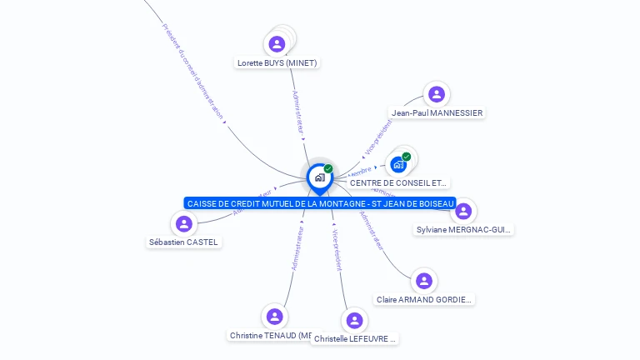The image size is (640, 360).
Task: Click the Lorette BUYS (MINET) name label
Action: [277, 62]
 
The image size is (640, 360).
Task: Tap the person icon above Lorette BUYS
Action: [277, 43]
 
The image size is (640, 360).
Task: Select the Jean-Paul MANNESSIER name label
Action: [437, 112]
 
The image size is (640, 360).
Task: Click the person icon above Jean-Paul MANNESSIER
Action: [436, 94]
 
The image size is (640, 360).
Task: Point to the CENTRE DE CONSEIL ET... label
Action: [398, 182]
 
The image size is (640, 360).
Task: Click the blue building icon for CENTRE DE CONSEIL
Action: [398, 164]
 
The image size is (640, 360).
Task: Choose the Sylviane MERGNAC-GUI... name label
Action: [463, 229]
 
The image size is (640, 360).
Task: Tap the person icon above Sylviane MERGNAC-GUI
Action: [463, 211]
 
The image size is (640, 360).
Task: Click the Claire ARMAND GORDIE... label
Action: [424, 299]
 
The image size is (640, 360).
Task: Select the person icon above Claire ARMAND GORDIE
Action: [424, 281]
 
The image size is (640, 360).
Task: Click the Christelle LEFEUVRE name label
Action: [355, 339]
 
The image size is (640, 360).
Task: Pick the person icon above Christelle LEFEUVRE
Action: [355, 320]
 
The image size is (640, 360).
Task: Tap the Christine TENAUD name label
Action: [270, 335]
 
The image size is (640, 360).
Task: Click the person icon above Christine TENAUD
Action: [274, 317]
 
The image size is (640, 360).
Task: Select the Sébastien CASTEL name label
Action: [183, 242]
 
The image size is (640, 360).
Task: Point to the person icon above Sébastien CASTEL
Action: [184, 223]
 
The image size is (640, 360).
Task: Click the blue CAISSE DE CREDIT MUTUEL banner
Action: [321, 203]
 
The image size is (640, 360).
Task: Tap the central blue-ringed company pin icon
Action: [320, 177]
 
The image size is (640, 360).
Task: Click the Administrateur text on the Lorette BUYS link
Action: [297, 112]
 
